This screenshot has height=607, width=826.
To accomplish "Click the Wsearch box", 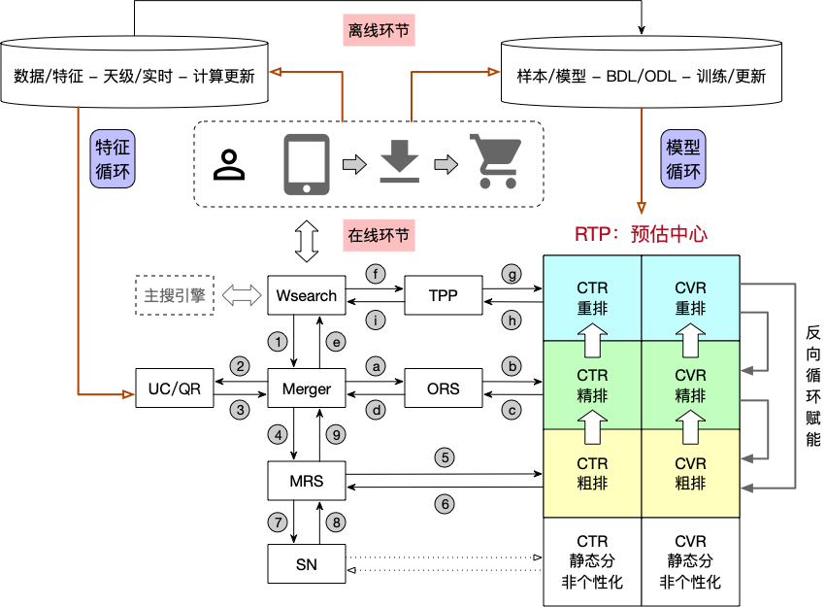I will tap(307, 295).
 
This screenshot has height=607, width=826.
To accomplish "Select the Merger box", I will tap(307, 388).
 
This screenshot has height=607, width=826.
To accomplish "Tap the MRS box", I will tap(307, 481).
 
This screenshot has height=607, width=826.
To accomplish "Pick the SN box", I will tap(307, 563).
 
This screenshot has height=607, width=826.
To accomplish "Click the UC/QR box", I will tap(175, 388).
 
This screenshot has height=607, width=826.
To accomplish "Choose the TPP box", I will tap(443, 295).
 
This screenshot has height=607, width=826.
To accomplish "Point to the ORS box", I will tap(443, 388).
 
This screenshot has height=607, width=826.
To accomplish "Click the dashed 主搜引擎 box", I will tap(175, 295).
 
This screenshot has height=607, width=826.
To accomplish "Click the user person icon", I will tap(229, 165).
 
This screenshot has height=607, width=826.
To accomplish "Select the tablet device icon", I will tap(307, 163).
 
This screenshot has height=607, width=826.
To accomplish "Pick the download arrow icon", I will tap(399, 162).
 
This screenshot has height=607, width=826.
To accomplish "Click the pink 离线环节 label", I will tap(380, 30).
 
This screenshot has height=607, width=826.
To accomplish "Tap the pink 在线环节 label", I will tap(379, 235).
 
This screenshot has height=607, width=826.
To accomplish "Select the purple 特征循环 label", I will tap(113, 160).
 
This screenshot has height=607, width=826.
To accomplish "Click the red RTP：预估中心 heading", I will tap(642, 234).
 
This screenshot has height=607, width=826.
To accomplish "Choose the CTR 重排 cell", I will tap(592, 298).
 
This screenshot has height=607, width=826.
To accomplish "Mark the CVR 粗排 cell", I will tap(690, 474).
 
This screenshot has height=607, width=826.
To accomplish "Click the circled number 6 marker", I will tap(445, 504).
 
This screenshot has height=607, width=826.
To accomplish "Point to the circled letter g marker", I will tap(512, 274).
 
